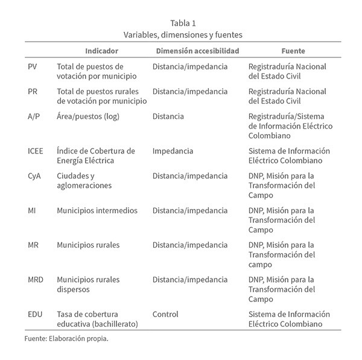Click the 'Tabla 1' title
pyautogui.click(x=181, y=24)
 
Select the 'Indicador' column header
pyautogui.click(x=101, y=51)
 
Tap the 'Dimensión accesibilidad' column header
pyautogui.click(x=197, y=51)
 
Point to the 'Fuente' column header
pyautogui.click(x=293, y=51)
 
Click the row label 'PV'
pyautogui.click(x=34, y=66)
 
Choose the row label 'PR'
pyautogui.click(x=34, y=91)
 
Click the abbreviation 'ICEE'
pyautogui.click(x=37, y=150)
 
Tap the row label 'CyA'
pyautogui.click(x=36, y=176)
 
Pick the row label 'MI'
pyautogui.click(x=33, y=211)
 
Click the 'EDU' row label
pyautogui.click(x=36, y=314)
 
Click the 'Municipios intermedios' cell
pyautogui.click(x=97, y=211)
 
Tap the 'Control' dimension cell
pyautogui.click(x=165, y=314)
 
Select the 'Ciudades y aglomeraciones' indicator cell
pyautogui.click(x=84, y=181)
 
